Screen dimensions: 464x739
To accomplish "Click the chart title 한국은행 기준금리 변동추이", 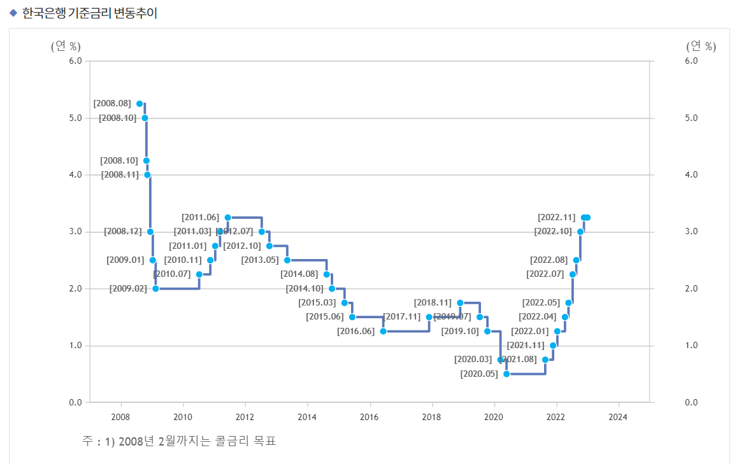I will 89,13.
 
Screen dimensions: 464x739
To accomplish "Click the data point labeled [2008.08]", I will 140,104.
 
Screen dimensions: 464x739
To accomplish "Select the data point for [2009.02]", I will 155,288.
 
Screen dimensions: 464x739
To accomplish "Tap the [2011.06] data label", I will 200,218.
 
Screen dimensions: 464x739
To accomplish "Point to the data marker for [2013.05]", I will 287,260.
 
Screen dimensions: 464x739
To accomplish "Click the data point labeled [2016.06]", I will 383,331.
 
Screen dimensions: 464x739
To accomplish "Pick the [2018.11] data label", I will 433,303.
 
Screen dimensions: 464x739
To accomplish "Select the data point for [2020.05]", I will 506,374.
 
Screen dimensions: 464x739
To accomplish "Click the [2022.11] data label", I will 557,218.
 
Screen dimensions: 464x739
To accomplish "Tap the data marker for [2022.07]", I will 572,274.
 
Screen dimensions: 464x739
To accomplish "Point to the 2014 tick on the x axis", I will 307,417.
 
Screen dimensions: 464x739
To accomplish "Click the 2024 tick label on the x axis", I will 618,417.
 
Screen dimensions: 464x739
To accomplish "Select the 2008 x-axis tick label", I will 120,417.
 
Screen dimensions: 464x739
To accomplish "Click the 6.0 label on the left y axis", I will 75,61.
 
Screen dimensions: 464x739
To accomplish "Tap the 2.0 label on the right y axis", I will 674,288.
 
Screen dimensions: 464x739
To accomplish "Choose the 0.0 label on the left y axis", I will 75,402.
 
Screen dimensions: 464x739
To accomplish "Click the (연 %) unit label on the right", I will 701,46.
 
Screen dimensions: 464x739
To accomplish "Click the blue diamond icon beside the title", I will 13,13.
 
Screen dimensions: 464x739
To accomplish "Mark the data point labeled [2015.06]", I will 352,317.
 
